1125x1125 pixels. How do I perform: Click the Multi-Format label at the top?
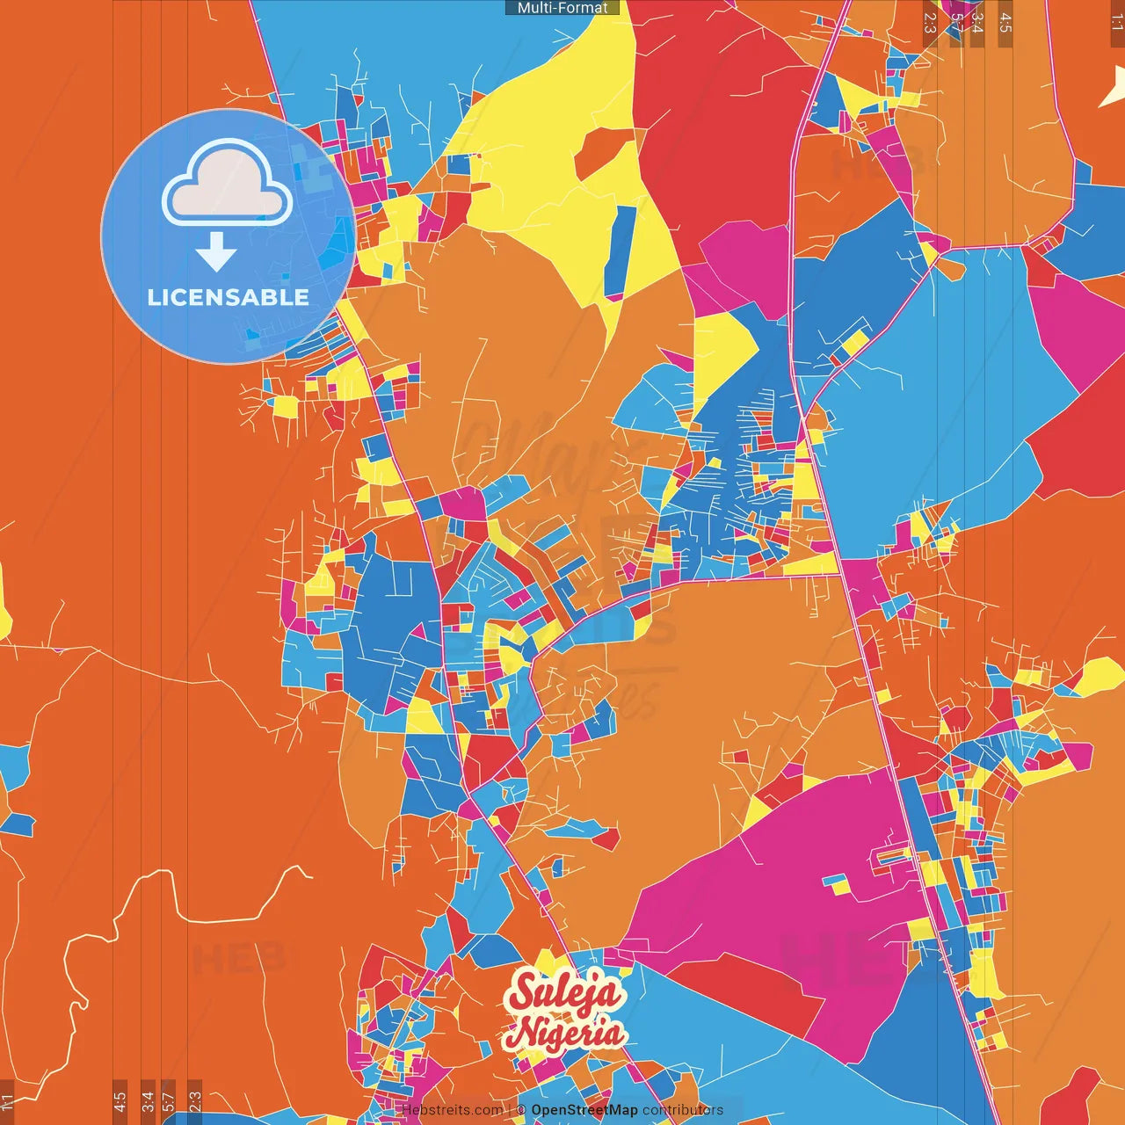[562, 8]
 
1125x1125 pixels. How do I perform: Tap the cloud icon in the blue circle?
[227, 184]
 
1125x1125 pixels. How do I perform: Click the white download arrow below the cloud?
[216, 251]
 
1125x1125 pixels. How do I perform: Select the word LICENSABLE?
[228, 297]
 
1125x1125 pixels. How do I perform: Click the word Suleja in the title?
[565, 993]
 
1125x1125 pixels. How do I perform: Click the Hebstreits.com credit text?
[453, 1110]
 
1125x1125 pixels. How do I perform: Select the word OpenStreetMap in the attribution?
[584, 1110]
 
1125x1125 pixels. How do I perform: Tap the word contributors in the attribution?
[682, 1110]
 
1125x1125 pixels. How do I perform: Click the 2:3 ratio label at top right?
[930, 23]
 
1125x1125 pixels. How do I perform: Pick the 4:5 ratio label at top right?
[1005, 23]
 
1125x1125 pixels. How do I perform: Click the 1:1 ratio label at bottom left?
[8, 1101]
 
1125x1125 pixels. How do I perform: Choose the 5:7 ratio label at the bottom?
[169, 1101]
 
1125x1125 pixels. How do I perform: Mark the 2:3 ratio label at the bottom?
[195, 1101]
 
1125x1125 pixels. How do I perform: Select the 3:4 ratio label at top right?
[976, 23]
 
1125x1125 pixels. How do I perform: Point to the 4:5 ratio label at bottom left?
[120, 1101]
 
